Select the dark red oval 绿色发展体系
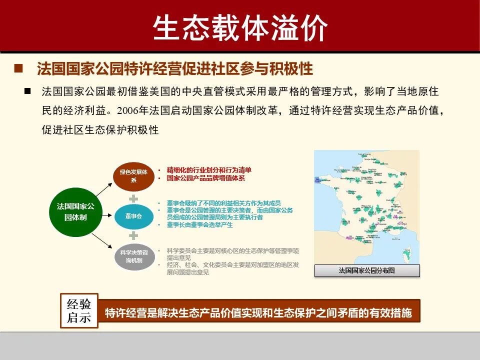click(x=133, y=175)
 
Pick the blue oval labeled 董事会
click(x=133, y=216)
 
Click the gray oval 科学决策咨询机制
click(x=134, y=256)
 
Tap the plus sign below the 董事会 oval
click(x=133, y=235)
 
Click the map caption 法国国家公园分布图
click(x=366, y=270)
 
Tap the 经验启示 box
click(x=79, y=310)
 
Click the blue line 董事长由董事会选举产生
click(x=200, y=225)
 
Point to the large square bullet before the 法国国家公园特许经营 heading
click(x=18, y=68)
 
